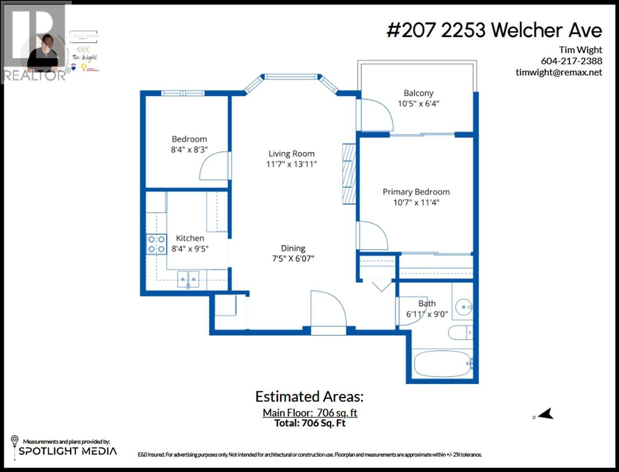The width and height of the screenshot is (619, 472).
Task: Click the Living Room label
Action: click(x=291, y=154)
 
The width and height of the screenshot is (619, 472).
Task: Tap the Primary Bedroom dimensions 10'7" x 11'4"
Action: click(x=416, y=202)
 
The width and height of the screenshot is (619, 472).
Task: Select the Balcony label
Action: click(x=418, y=93)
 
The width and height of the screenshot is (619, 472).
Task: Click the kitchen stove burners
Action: click(x=156, y=244)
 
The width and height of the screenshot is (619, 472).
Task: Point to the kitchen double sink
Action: click(x=188, y=279)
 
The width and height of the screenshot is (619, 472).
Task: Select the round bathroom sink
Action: click(x=463, y=307)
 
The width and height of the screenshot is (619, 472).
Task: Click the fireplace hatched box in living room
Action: click(x=349, y=173)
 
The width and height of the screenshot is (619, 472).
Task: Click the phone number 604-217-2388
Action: click(x=571, y=61)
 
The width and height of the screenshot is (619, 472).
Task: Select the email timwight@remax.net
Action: click(x=559, y=72)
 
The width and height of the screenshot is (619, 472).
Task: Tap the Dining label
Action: click(x=293, y=248)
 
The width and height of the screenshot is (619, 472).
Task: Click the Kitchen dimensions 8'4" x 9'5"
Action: click(x=190, y=249)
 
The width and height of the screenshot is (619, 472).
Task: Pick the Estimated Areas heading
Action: click(x=309, y=396)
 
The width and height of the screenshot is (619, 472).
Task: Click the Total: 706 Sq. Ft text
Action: click(x=310, y=423)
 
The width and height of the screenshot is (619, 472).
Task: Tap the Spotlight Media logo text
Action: click(x=68, y=451)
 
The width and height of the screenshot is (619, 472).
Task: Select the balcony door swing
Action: click(x=376, y=116)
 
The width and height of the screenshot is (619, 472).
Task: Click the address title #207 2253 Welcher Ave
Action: click(x=494, y=30)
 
